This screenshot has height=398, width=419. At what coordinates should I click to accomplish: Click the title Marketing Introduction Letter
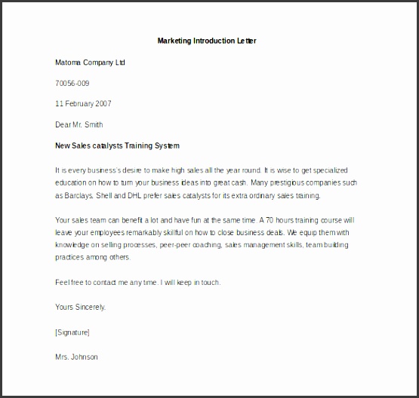206,41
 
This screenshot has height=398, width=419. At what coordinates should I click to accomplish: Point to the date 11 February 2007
83,103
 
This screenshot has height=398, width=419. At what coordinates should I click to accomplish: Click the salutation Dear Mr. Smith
79,124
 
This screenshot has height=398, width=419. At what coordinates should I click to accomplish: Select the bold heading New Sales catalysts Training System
118,145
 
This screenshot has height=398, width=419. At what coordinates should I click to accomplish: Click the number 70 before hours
265,221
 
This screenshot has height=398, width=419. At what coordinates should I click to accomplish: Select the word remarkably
141,233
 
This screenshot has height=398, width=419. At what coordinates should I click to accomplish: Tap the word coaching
238,245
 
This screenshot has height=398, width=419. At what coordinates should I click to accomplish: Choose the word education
73,183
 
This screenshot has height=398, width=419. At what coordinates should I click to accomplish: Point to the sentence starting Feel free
137,282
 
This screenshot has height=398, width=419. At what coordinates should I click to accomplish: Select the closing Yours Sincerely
81,307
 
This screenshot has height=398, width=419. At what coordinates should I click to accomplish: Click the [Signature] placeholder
72,332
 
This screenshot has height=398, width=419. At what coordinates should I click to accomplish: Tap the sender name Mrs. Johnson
76,357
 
